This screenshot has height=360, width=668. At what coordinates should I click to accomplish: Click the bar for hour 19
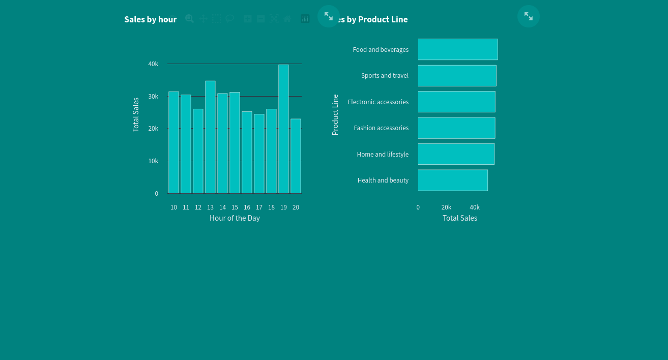coord(283,129)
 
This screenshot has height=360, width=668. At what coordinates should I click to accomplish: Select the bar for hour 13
coord(210,137)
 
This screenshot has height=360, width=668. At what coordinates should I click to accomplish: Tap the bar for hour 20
coord(296,156)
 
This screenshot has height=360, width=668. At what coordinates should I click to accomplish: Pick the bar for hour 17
coord(259,154)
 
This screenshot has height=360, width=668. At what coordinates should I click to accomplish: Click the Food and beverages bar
coord(458,49)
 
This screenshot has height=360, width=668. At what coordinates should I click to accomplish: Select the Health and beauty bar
coord(453,181)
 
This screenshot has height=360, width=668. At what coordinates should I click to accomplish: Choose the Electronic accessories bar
coord(456,102)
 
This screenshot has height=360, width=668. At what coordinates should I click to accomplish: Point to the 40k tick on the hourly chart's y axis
coord(153,64)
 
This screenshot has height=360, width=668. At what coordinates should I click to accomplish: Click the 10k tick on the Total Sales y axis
coord(153,161)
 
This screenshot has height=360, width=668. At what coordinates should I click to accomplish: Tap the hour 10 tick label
coord(174,207)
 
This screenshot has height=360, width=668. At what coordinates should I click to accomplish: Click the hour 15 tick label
coord(235,207)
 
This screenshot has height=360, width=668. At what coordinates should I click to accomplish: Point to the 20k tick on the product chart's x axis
coord(446,207)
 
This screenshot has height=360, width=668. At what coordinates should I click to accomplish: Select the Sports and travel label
coord(385,76)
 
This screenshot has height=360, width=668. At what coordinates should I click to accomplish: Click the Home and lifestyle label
coord(383,155)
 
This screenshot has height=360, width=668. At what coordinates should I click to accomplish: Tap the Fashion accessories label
coord(381,128)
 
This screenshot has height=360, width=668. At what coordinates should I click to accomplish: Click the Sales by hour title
coord(151,19)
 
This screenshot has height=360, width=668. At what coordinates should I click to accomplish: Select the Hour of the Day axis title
coord(235,218)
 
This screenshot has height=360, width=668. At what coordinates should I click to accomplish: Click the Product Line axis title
coord(335,115)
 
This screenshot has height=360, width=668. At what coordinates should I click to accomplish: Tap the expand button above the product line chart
coord(529,16)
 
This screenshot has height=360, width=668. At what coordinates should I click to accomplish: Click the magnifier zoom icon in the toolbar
coord(189,19)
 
